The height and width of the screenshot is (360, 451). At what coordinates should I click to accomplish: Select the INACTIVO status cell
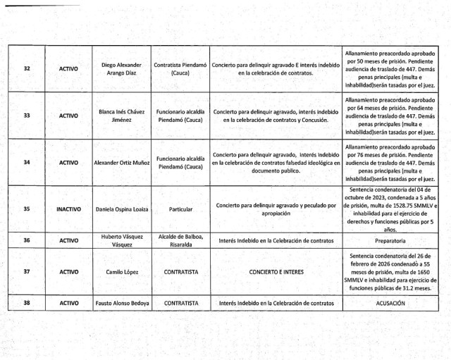tap(68, 209)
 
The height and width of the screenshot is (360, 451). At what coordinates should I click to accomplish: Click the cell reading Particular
tap(180, 209)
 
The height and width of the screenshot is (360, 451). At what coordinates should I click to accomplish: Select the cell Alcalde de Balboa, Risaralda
tap(180, 240)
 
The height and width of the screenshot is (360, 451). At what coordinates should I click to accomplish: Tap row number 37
tap(27, 271)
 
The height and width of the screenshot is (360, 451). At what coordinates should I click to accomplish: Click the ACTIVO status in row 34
tap(68, 162)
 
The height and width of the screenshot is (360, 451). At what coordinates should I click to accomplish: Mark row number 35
tap(27, 209)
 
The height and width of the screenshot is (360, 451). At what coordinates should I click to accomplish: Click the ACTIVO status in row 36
tap(68, 240)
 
